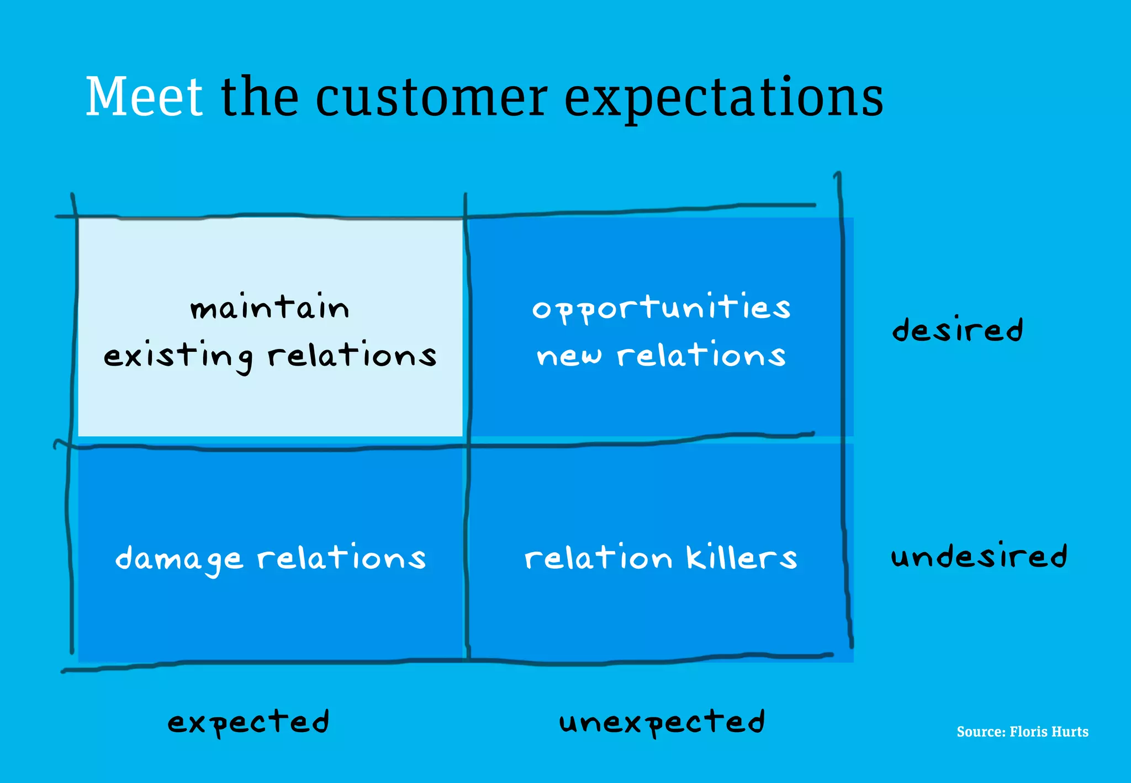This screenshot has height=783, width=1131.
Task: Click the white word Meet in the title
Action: coord(144,97)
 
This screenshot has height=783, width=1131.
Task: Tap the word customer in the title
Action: coord(431,97)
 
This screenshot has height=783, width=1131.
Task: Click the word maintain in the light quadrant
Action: coord(269,307)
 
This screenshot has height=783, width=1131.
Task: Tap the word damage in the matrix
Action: coord(179,559)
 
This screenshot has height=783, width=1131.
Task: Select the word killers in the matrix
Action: coord(741,557)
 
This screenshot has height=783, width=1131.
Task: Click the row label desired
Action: coord(958,330)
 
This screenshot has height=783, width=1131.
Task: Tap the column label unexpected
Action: coord(662,722)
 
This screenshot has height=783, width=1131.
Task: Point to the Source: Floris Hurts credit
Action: coord(1022,732)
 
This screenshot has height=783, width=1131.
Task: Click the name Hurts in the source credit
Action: coord(1069,732)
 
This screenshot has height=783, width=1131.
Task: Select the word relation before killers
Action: coord(598,557)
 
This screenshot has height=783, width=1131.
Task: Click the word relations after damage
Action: coord(341,557)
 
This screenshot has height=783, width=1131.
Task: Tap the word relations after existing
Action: coord(352,355)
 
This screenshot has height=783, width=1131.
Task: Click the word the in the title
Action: coord(260,97)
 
